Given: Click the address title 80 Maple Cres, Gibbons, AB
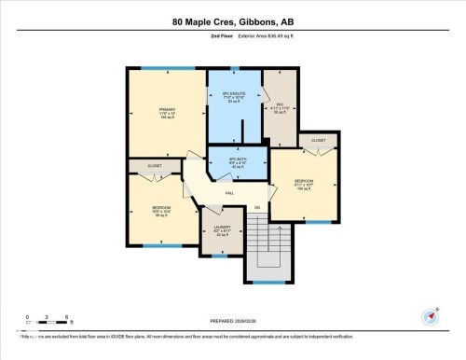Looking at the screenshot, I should [x=232, y=21].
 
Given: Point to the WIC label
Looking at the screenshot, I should [x=279, y=104].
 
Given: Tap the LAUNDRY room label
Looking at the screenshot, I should [x=221, y=226].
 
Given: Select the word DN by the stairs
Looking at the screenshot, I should [x=257, y=207].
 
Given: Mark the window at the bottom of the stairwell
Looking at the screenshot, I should [x=270, y=282].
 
